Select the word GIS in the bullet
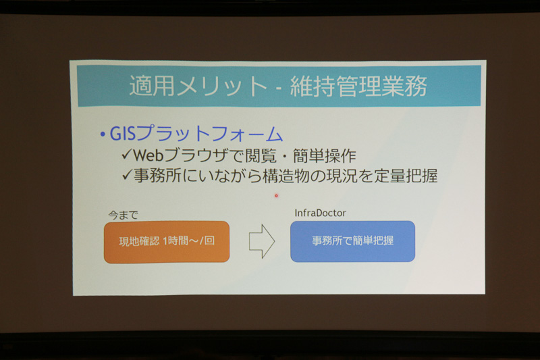[122, 134]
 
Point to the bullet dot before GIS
[101, 134]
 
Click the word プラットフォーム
[209, 134]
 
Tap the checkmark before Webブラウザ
[127, 155]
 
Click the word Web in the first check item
[152, 155]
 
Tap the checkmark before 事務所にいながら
[127, 176]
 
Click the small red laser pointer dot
[276, 196]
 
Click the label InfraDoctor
[321, 213]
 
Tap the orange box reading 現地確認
[166, 242]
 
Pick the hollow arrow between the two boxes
[262, 241]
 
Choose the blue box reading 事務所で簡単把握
[352, 241]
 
